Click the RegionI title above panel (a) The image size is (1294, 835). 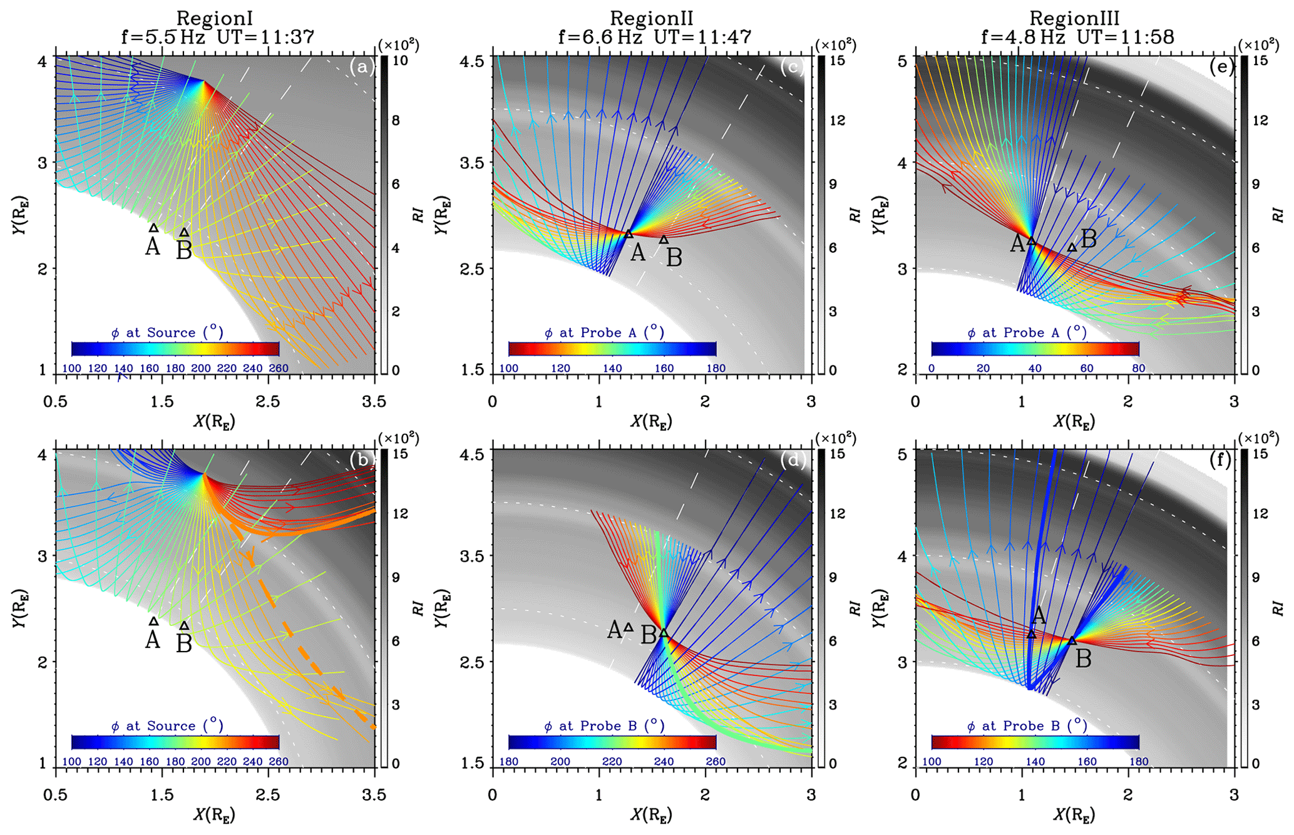coord(214,18)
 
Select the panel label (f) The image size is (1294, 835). coord(1221,461)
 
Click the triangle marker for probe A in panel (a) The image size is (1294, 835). coord(154,228)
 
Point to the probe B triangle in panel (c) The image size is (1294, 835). coord(664,240)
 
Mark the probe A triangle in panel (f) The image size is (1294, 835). coord(1032,634)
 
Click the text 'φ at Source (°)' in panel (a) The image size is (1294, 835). coord(167,332)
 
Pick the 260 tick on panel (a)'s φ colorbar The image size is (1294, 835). coord(278,368)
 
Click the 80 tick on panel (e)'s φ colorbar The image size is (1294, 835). coord(1138,368)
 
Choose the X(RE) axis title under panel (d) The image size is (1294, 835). coord(652,815)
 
